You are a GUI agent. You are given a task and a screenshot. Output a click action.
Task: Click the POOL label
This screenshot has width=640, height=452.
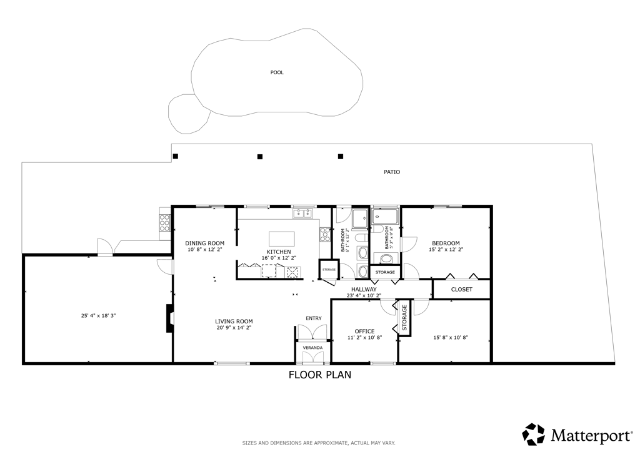(x=277, y=72)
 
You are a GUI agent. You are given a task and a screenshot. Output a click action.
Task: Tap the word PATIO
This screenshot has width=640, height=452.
(x=392, y=172)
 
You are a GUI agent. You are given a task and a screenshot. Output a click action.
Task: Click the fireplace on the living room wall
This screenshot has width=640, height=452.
(x=169, y=317)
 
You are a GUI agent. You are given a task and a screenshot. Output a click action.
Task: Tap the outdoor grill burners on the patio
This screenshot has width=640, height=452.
(x=164, y=223)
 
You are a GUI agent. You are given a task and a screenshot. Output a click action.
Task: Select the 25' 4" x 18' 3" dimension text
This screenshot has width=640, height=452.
(x=98, y=316)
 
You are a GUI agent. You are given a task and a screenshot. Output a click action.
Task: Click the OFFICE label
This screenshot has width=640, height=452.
(x=364, y=332)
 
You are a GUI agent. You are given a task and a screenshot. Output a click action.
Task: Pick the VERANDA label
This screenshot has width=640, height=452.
(x=312, y=347)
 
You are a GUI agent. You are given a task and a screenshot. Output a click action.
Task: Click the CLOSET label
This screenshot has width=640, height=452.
(x=461, y=290)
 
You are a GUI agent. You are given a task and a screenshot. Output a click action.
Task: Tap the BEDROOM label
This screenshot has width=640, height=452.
(x=446, y=243)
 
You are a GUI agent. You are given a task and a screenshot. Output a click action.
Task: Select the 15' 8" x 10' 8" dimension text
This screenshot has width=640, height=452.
(x=451, y=338)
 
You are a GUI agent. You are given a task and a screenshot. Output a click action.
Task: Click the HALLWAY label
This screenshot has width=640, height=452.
(x=364, y=289)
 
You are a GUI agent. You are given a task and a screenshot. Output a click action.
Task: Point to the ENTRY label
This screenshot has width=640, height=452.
(x=313, y=318)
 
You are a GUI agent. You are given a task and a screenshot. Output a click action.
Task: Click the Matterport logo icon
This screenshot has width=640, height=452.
(x=534, y=434)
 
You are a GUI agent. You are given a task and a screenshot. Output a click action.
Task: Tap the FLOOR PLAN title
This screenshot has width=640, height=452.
(x=319, y=375)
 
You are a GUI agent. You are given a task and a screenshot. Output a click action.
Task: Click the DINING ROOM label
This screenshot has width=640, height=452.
(x=204, y=243)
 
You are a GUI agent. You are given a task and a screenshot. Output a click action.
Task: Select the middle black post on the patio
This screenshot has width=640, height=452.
(x=260, y=156)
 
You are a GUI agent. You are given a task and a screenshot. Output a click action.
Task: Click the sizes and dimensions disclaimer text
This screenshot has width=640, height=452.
(x=319, y=443)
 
